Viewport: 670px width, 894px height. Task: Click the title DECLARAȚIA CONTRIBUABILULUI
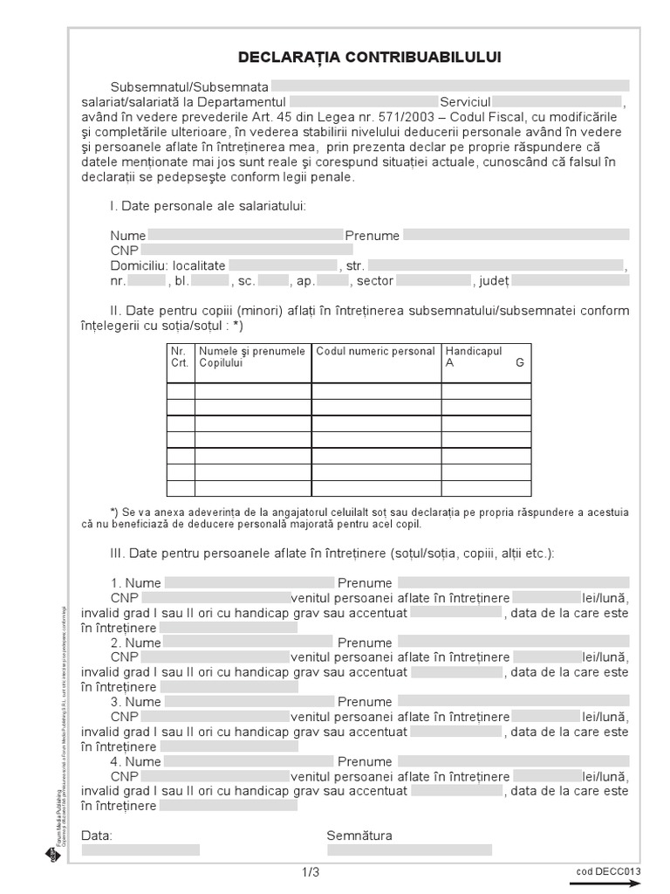[370, 58]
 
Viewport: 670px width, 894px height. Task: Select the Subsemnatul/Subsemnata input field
[450, 86]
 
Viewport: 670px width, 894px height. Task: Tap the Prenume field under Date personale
[516, 235]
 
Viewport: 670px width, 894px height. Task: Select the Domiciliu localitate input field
[283, 265]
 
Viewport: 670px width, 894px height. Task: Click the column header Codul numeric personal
[376, 352]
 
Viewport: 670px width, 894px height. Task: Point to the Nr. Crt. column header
[181, 357]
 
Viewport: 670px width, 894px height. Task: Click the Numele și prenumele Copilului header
[253, 357]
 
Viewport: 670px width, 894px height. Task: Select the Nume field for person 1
[250, 582]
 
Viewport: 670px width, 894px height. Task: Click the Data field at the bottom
[140, 849]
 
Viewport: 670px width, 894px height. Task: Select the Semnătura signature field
[409, 849]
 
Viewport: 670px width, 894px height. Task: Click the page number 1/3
[311, 872]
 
